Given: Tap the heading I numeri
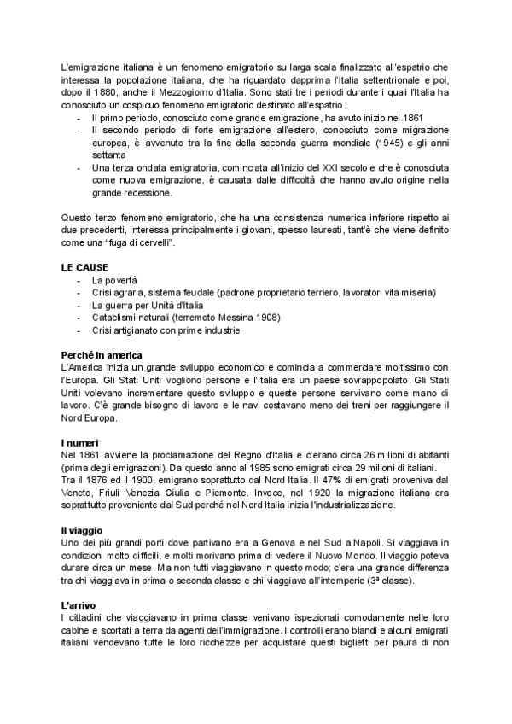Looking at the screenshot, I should [x=80, y=442].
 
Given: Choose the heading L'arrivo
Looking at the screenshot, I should [x=79, y=605].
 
